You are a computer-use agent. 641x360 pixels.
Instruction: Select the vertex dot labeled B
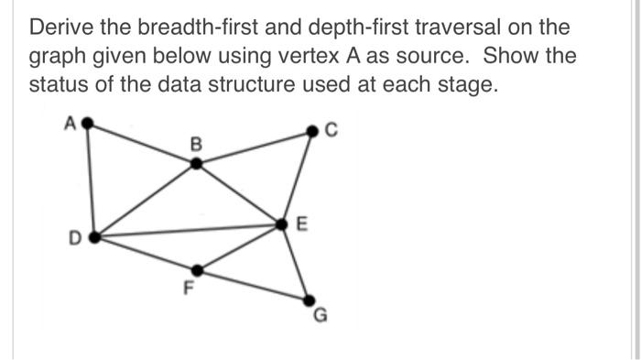pos(195,164)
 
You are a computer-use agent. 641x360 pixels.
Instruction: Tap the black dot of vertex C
pos(311,134)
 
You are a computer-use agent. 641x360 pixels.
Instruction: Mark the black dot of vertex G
pos(308,300)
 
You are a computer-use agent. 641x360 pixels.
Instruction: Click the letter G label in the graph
pos(320,318)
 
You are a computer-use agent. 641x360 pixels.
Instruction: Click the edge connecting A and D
pos(90,180)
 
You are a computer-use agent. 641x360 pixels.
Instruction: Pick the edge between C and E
pos(297,179)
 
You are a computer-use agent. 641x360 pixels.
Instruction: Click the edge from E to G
pos(295,261)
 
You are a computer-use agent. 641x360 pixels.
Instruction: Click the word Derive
pos(62,27)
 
